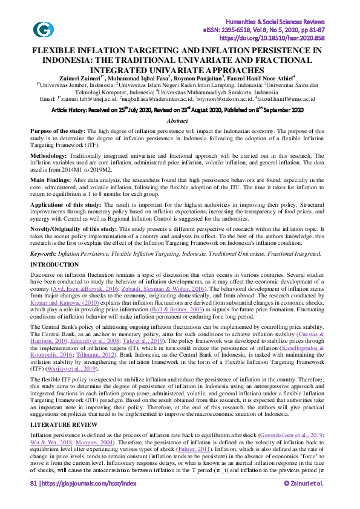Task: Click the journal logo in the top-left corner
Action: pos(43,29)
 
